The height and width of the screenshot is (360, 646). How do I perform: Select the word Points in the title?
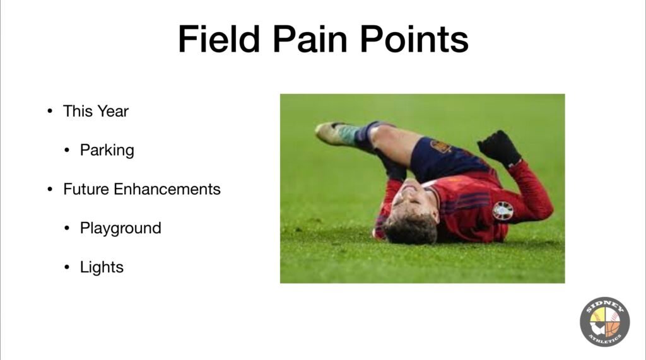pos(414,39)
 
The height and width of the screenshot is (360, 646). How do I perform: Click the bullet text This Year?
pos(96,111)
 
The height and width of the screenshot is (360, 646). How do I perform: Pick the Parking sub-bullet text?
pos(107,151)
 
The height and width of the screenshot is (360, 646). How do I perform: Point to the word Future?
pos(86,190)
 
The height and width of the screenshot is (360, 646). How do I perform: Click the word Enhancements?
pos(167,190)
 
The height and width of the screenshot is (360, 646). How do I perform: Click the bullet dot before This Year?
pos(50,111)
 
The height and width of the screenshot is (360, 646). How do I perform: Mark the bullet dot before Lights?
pos(67,267)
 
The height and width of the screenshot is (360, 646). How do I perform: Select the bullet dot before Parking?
pos(67,150)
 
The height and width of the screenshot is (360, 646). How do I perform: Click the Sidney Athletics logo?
pos(605,322)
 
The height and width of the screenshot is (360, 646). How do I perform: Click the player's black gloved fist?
pos(500,147)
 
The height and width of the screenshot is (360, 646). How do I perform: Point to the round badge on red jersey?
pos(503,211)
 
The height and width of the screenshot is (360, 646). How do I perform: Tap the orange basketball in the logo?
pos(613,328)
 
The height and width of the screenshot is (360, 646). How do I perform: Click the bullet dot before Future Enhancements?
pos(50,190)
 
